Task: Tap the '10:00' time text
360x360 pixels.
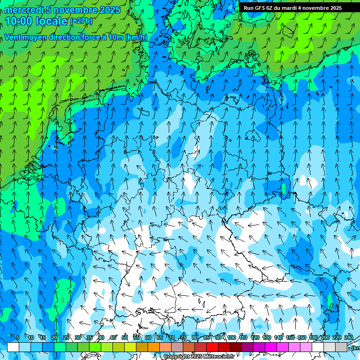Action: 19,21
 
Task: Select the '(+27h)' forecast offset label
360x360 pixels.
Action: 81,21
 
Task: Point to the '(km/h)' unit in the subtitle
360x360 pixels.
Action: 136,37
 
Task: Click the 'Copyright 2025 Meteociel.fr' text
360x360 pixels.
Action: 199,357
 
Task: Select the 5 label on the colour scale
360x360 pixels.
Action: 18,337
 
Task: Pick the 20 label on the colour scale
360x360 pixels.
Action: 54,337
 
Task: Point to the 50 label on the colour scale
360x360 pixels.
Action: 125,337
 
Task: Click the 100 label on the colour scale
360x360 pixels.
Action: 232,337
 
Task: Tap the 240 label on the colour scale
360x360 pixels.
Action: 349,337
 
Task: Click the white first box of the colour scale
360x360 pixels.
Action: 13,347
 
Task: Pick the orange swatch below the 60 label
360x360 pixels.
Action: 154,347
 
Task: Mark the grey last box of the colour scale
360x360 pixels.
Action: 341,347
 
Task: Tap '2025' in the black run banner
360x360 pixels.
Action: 336,8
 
